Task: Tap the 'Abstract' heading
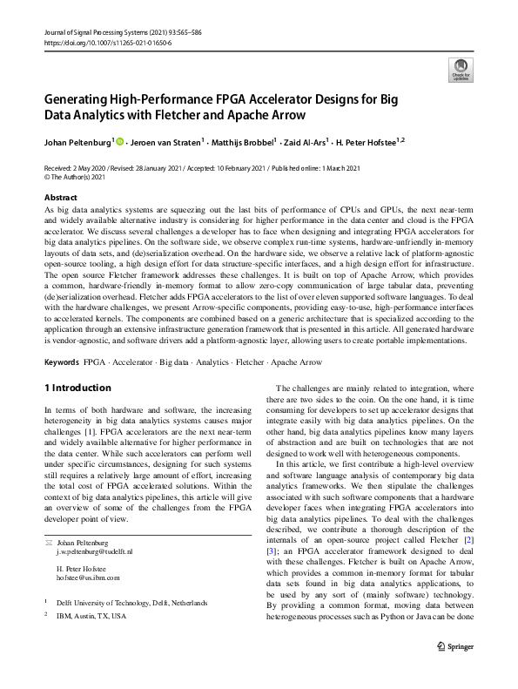point(60,198)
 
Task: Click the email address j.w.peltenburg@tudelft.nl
point(95,552)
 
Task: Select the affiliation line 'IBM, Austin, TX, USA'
point(91,616)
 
